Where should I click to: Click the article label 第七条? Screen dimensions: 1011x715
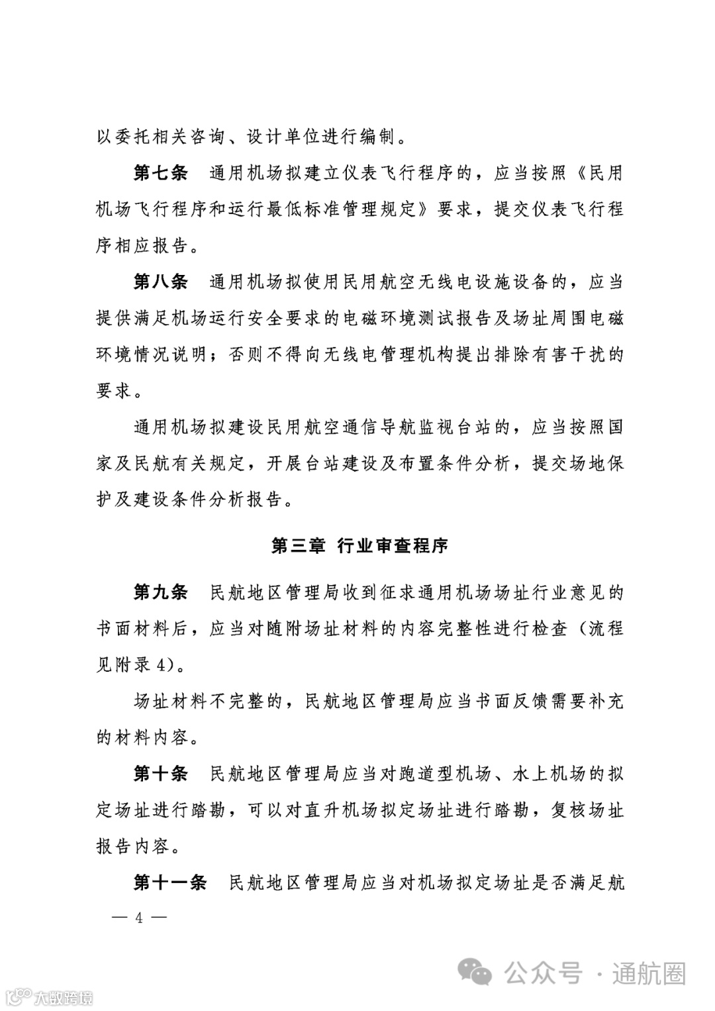point(161,174)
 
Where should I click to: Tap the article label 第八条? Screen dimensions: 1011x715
point(161,282)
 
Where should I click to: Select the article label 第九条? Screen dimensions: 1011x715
point(161,592)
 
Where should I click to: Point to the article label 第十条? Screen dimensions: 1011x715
point(161,773)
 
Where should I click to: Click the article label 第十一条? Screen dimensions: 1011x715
point(170,882)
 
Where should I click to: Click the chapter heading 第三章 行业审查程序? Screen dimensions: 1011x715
point(359,545)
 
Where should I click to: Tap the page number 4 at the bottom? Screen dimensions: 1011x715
point(139,918)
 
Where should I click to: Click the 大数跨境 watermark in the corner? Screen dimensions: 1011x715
point(50,996)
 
